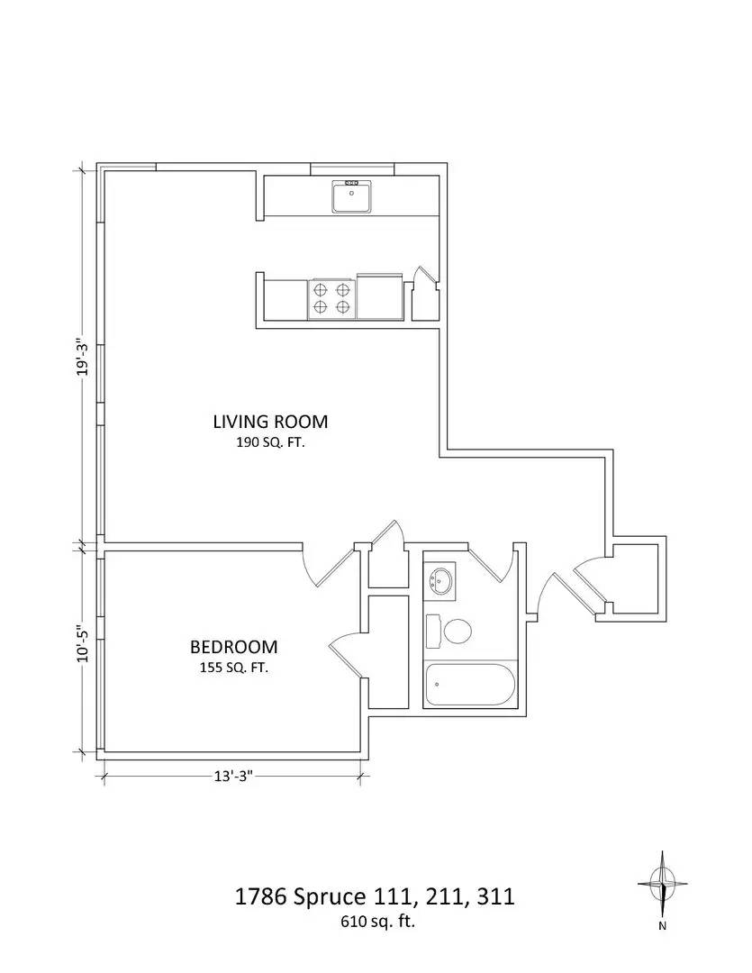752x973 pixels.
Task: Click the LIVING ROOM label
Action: pos(270,421)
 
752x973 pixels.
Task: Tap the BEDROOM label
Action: pos(233,647)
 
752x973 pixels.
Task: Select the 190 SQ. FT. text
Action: pos(270,442)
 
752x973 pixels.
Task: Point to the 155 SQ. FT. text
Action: pos(233,668)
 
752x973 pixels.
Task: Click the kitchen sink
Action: pos(352,196)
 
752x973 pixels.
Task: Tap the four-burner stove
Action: pos(331,298)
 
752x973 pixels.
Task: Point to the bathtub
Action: pos(468,687)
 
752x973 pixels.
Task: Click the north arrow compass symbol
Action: pos(663,885)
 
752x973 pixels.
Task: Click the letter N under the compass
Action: pos(663,925)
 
